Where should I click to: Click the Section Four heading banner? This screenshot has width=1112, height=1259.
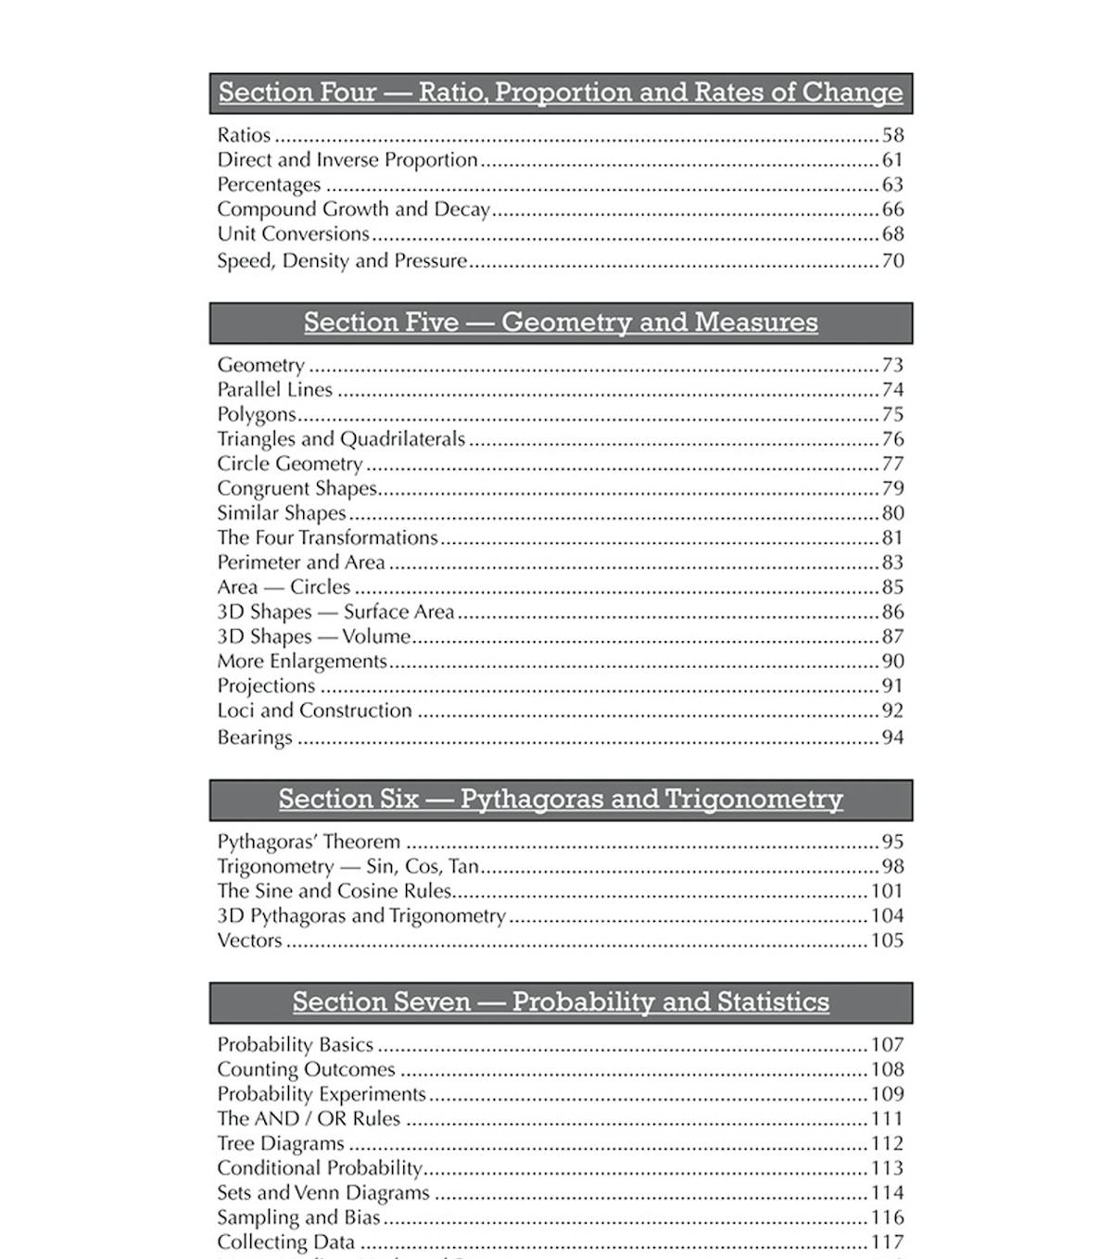coord(561,93)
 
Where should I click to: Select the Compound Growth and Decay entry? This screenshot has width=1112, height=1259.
coord(353,209)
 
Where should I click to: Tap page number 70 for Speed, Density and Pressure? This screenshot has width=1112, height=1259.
coord(892,260)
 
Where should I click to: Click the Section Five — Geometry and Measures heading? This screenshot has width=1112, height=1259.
coord(561,322)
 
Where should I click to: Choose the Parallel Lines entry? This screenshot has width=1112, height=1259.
coord(274,390)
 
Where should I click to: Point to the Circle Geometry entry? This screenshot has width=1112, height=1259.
coord(289,464)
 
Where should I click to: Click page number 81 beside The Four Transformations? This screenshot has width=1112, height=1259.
coord(892,538)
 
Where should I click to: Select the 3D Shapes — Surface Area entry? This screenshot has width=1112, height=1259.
coord(335,612)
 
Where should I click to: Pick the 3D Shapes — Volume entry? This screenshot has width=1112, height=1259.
coord(314,636)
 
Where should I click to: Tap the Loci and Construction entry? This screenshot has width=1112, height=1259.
coord(314,711)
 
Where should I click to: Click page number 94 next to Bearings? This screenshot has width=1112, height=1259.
coord(892,737)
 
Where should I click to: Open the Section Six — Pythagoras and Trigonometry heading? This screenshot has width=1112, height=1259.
coord(561,799)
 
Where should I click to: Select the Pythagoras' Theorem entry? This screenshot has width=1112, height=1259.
coord(309,842)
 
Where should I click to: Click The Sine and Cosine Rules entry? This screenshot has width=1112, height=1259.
coord(334,891)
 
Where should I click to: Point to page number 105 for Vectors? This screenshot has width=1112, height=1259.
coord(887,940)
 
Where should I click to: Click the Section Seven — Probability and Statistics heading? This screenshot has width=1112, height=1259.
coord(561,1002)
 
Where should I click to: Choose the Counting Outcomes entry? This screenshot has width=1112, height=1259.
coord(306,1070)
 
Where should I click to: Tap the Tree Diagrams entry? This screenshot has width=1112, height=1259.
coord(280,1144)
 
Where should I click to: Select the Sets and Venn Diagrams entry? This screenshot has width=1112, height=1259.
coord(323,1193)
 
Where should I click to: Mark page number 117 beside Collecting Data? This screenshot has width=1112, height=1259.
coord(887,1242)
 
